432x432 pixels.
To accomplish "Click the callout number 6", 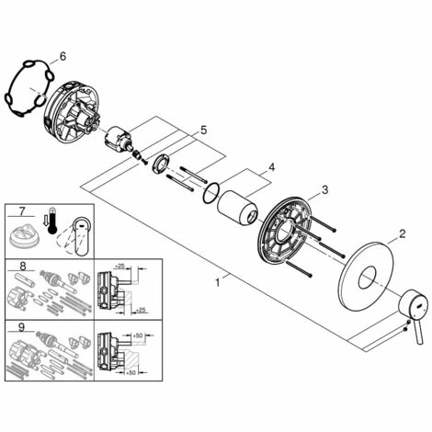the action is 63,56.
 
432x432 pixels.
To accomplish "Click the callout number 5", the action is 204,130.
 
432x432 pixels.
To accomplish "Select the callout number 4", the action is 271,167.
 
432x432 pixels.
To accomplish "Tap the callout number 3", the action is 324,189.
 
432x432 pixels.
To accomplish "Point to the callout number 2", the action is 402,234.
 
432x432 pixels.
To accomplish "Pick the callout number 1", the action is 218,282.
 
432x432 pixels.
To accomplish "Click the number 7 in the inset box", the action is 22,211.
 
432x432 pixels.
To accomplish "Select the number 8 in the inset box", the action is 23,267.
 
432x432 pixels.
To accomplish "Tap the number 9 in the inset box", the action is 21,327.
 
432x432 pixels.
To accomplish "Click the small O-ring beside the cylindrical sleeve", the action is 210,193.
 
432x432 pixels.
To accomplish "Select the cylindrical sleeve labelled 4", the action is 237,208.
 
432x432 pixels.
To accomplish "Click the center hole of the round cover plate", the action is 368,278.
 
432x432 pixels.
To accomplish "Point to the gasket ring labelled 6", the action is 29,88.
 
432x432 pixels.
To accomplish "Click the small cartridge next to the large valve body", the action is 118,137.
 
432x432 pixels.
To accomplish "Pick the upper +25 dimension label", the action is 120,266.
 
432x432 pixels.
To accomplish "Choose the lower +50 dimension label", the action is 131,372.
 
